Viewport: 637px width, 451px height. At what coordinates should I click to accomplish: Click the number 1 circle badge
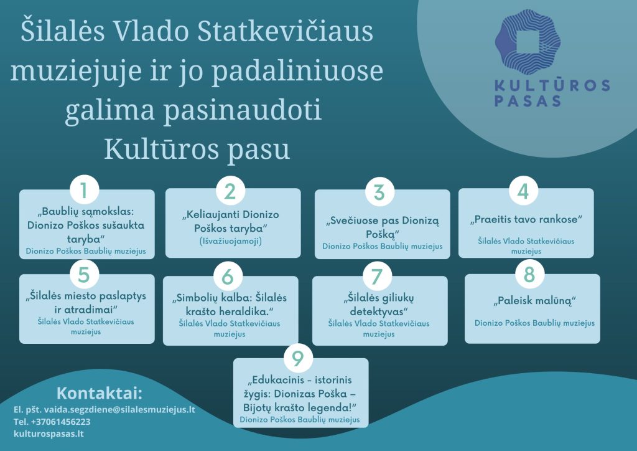[x=84, y=190]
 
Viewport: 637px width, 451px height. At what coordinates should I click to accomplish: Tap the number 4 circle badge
[x=523, y=191]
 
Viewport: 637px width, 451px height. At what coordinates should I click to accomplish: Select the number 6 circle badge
[x=228, y=277]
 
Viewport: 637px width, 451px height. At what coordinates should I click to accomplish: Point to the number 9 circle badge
[x=298, y=358]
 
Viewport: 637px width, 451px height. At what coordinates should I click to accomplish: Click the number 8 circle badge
[x=529, y=275]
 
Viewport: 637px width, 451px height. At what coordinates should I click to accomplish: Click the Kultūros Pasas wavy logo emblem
[x=528, y=42]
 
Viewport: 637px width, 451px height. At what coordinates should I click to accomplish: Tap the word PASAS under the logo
[x=528, y=101]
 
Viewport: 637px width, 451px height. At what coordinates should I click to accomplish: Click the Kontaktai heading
[x=100, y=393]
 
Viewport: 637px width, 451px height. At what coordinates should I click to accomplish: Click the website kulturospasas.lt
[x=49, y=434]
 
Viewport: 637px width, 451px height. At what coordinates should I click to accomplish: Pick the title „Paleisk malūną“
[x=534, y=301]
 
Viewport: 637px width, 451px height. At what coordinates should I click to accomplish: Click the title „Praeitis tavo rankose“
[x=526, y=220]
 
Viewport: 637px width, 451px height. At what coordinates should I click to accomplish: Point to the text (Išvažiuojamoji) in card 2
[x=231, y=241]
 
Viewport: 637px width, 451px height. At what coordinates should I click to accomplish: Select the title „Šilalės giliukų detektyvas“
[x=379, y=304]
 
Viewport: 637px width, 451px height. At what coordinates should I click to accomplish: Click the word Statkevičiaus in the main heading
[x=285, y=31]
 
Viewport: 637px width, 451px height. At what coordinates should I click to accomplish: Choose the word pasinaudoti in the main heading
[x=242, y=110]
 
